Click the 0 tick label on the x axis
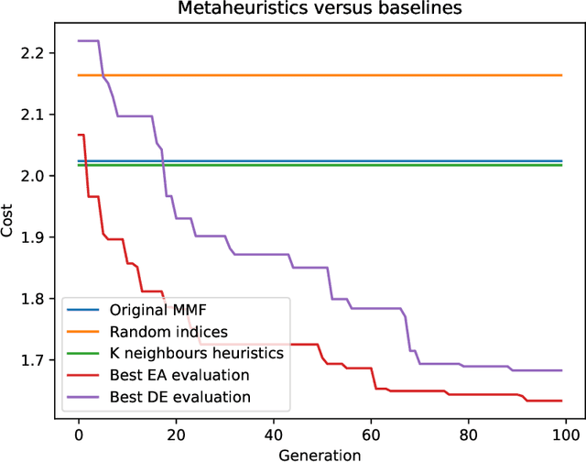(x=79, y=433)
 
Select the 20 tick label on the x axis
(x=176, y=433)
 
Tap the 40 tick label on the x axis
(x=274, y=433)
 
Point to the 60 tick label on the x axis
(x=371, y=433)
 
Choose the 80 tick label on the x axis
(x=469, y=433)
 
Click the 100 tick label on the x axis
(x=566, y=433)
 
